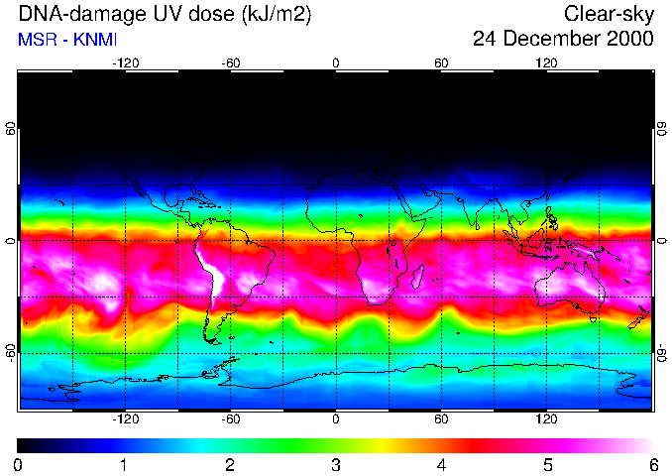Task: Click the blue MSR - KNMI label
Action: point(61,40)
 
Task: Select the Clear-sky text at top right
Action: point(609,14)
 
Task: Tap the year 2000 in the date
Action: point(629,40)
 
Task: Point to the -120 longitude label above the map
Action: point(125,62)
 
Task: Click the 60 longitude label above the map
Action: point(441,62)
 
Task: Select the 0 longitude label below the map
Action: point(336,419)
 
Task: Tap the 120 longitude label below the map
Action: point(546,419)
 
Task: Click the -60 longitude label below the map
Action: point(230,419)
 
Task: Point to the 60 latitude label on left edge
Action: point(12,130)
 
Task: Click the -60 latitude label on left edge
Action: point(12,352)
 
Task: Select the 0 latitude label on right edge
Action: point(661,241)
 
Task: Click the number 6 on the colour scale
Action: point(653,464)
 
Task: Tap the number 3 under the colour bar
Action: point(336,464)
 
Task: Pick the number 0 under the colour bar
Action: point(19,464)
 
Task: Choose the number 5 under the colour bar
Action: point(547,464)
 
